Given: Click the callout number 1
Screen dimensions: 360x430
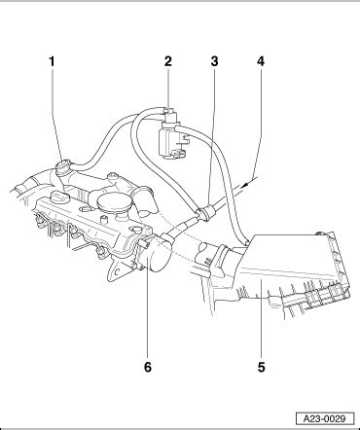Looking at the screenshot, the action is pyautogui.click(x=52, y=61).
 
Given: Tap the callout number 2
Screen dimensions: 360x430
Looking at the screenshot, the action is pyautogui.click(x=167, y=61).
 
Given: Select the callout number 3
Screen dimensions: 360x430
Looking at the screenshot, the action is pyautogui.click(x=214, y=61).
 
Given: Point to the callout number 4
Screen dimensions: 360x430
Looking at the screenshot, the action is pyautogui.click(x=261, y=61).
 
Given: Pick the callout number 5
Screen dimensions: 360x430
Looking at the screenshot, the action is pyautogui.click(x=262, y=367).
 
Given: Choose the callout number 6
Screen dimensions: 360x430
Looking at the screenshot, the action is pyautogui.click(x=148, y=367).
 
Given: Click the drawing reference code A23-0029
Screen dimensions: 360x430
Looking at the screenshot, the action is pyautogui.click(x=325, y=418).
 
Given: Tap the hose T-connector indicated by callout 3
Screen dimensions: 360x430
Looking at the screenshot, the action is pyautogui.click(x=205, y=212).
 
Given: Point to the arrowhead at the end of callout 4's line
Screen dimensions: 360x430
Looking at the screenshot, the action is pyautogui.click(x=245, y=184).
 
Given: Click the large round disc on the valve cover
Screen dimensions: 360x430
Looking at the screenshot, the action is pyautogui.click(x=114, y=205).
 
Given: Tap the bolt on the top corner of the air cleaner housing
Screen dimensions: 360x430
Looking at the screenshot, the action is pyautogui.click(x=320, y=233).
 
